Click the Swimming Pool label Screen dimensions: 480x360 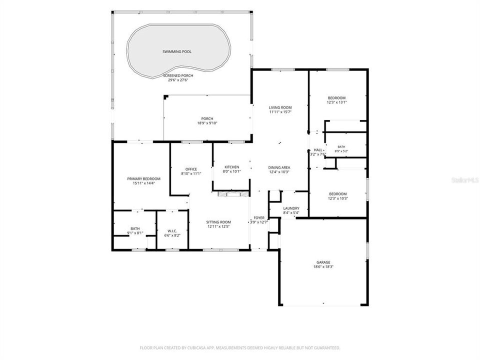coord(177,51)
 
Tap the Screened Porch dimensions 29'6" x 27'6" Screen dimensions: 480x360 coord(178,80)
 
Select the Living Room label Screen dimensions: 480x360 coord(280,108)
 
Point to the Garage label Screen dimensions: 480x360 coord(323,262)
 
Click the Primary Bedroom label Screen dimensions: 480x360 coord(143,179)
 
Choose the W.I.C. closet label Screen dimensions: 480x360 coord(172,231)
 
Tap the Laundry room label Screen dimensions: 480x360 coord(291,208)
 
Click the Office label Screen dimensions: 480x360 coord(191,169)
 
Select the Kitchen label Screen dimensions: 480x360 coord(231,167)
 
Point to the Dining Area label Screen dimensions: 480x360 coord(279,168)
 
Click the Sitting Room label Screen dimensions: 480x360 coord(218,222)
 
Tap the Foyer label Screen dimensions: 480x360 coord(259,218)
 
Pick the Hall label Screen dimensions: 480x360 coord(318,150)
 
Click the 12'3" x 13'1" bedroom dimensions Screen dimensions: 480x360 coord(336,102)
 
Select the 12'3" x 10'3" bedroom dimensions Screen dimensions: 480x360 coord(338,198)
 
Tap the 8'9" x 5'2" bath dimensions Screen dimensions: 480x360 coord(341,151)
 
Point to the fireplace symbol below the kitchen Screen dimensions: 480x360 coord(233,194)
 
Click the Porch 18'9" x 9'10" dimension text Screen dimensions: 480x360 coord(207,123)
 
